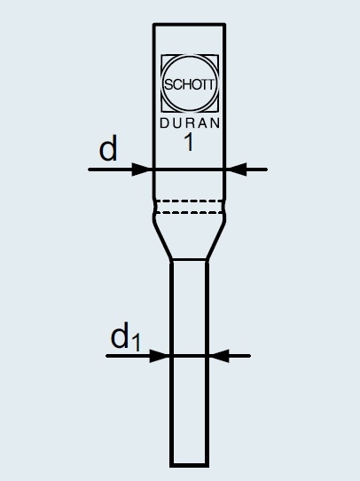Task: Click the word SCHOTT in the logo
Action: pos(190,84)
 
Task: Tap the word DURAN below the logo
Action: pos(190,123)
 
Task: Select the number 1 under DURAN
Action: pos(189,143)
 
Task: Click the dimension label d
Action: pos(108,149)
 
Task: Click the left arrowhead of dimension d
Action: pos(142,170)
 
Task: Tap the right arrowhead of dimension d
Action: pos(236,170)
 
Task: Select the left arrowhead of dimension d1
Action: pos(160,356)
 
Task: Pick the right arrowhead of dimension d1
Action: pos(219,356)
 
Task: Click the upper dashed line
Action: pos(190,201)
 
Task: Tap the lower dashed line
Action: pos(190,212)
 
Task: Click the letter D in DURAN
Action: pos(164,123)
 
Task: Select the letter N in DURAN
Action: pos(215,123)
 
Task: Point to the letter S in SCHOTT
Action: pos(168,84)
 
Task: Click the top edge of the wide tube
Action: pos(190,24)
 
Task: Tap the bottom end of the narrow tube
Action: pos(190,465)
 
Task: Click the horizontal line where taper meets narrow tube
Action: pos(190,260)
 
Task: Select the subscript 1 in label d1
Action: pos(136,343)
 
